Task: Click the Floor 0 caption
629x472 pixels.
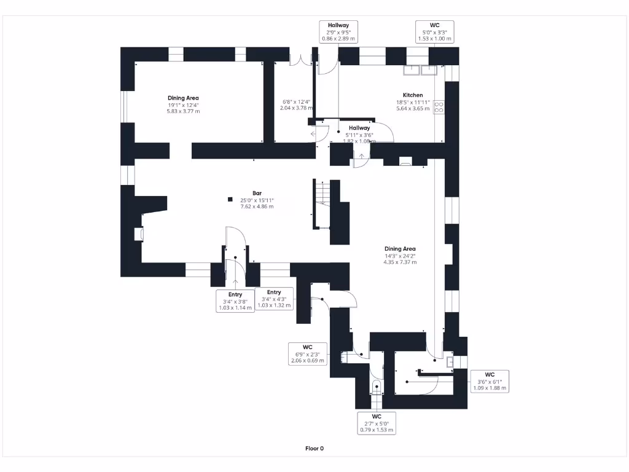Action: (314, 449)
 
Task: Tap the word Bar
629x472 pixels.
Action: (257, 193)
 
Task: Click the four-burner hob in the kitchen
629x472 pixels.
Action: (439, 107)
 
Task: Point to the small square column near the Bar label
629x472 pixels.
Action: (230, 199)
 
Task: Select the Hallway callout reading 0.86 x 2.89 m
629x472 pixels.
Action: (338, 31)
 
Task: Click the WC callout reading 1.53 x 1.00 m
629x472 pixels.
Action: (435, 31)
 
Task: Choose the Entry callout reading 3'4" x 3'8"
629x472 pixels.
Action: (235, 301)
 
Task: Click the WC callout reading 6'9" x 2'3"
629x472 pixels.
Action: (307, 354)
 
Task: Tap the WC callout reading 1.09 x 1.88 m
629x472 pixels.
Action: (489, 381)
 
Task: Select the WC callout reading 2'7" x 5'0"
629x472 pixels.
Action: (376, 423)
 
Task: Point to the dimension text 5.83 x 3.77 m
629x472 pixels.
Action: (183, 111)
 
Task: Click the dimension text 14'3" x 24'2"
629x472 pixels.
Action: (400, 256)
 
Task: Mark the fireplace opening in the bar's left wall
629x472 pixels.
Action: (139, 234)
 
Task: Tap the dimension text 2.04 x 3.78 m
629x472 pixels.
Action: (295, 108)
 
